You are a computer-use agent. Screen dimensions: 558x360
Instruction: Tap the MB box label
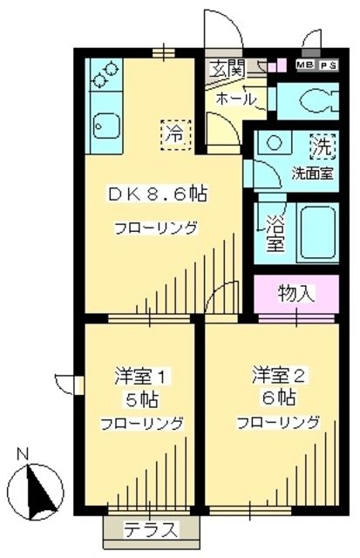(x=304, y=65)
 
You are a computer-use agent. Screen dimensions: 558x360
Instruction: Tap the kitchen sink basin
(x=104, y=128)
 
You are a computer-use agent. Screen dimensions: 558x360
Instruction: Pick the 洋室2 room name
(x=277, y=377)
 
